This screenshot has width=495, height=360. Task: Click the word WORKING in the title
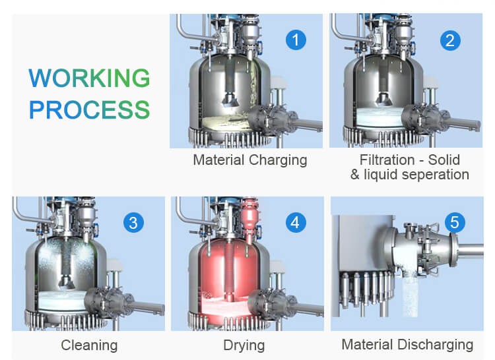(89, 78)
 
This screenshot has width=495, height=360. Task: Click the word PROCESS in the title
(89, 109)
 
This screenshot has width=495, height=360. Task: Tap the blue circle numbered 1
(296, 40)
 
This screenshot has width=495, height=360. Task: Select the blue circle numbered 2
(450, 40)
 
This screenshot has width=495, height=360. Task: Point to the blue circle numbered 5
(454, 223)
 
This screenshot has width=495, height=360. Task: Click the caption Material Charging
(249, 160)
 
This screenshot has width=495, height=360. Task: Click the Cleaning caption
(89, 345)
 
